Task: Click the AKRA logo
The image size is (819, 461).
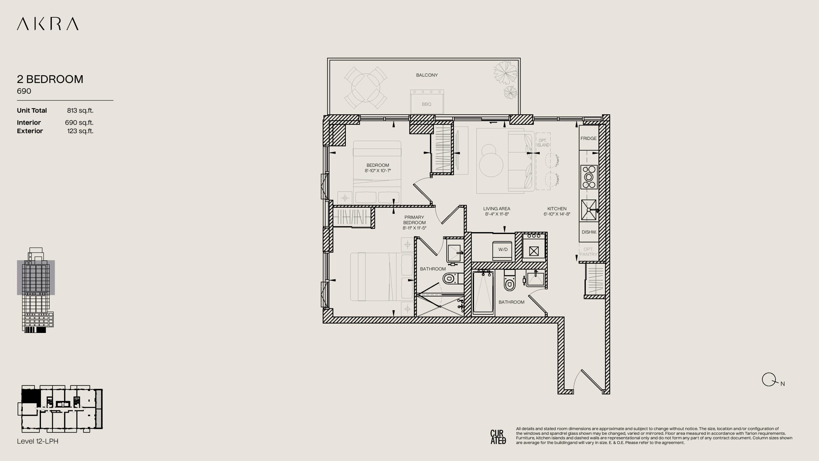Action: [48, 24]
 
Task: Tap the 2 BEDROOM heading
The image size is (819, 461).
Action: [50, 79]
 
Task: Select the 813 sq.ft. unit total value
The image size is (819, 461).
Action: [80, 110]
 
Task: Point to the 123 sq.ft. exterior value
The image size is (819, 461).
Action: [80, 131]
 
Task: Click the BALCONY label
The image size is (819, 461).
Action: [427, 75]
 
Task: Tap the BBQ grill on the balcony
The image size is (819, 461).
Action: [427, 101]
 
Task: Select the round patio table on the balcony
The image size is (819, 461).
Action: [366, 88]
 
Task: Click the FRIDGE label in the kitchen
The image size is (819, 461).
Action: [589, 138]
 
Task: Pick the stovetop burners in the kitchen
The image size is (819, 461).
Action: [589, 177]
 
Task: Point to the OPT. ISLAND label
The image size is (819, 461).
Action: [543, 143]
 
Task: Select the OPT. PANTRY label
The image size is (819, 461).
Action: [589, 252]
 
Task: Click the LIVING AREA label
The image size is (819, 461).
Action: [497, 209]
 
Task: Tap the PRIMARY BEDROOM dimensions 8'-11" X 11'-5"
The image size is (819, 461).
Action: [415, 228]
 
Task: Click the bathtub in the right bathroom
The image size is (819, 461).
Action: [483, 293]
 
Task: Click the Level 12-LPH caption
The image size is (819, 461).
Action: [38, 441]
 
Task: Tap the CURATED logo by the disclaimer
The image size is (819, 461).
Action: [498, 437]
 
